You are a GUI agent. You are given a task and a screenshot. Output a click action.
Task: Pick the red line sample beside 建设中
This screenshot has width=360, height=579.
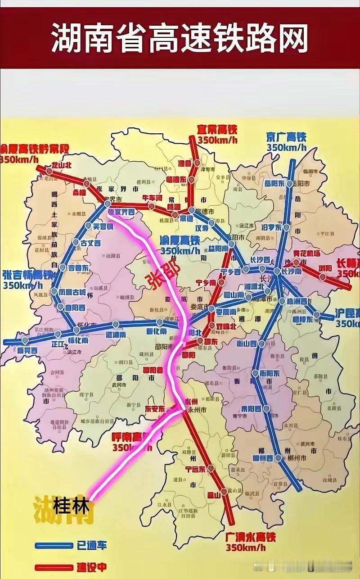54,568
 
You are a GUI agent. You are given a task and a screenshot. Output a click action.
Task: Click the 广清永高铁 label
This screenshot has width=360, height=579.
250,538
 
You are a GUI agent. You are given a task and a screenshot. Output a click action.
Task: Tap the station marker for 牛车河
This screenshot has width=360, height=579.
152,207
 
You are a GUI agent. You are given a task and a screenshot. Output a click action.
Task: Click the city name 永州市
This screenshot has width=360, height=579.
197,410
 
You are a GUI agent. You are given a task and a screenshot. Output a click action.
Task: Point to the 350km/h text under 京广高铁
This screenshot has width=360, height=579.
286,147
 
